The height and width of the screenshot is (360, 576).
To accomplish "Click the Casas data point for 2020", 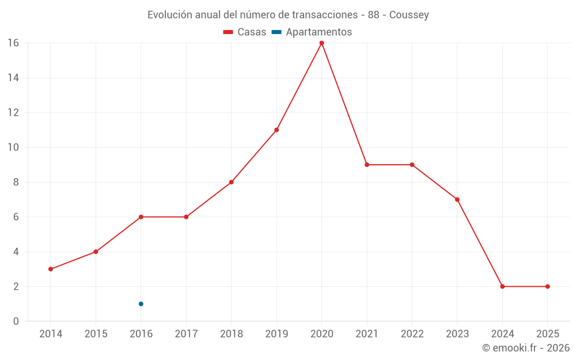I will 321,43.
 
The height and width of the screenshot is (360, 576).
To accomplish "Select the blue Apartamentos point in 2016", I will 141,304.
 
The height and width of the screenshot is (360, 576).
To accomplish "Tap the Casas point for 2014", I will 51,269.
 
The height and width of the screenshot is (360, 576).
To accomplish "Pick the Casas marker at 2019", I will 276,130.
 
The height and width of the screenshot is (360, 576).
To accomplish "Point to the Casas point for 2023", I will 457,199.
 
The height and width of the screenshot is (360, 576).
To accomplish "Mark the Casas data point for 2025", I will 547,286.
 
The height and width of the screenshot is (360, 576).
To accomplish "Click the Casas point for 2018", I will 231,182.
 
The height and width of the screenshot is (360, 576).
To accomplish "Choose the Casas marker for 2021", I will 367,165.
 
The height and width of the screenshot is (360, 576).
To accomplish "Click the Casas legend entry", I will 245,32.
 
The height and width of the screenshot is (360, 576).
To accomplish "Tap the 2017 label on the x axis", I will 186,334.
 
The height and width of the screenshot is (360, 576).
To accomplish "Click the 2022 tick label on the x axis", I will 412,334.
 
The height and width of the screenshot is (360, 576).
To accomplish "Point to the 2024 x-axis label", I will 502,334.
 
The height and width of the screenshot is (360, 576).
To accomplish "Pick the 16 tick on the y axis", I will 13,43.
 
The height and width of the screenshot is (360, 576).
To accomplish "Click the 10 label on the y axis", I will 13,147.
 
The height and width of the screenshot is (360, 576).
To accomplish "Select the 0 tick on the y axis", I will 16,321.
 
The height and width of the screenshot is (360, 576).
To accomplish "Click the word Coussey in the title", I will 409,15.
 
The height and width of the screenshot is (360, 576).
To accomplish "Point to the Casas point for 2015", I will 96,252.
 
